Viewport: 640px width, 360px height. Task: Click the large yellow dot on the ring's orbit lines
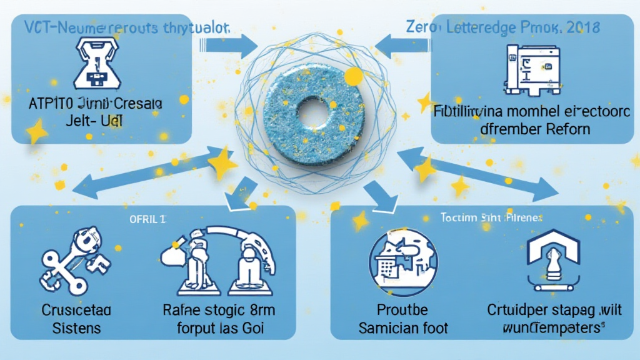point(354,77)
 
